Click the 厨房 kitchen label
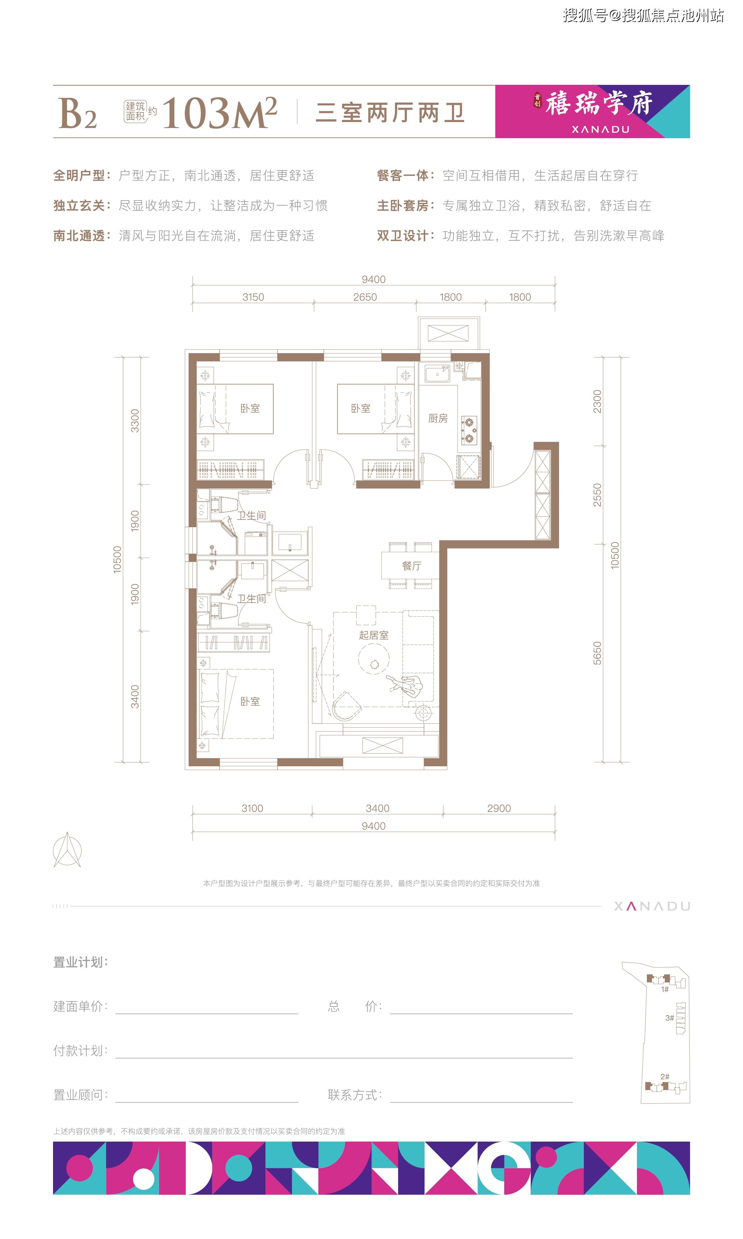438,418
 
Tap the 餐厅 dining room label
412,566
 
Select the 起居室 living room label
374,635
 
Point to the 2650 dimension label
365,297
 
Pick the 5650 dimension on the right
597,653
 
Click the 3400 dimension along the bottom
377,808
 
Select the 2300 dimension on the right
597,401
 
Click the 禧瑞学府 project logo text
599,104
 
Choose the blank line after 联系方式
481,1102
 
